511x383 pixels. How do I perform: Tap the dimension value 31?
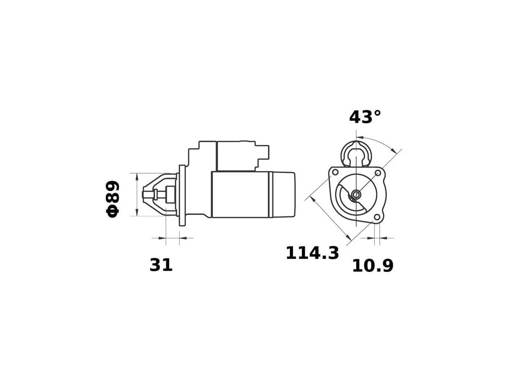click(161, 265)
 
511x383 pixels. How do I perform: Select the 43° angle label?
click(365, 117)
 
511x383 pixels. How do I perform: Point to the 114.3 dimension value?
click(312, 253)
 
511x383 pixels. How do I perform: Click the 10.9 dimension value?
click(373, 266)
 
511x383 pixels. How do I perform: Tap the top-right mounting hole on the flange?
click(378, 173)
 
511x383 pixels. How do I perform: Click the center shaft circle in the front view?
click(356, 194)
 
